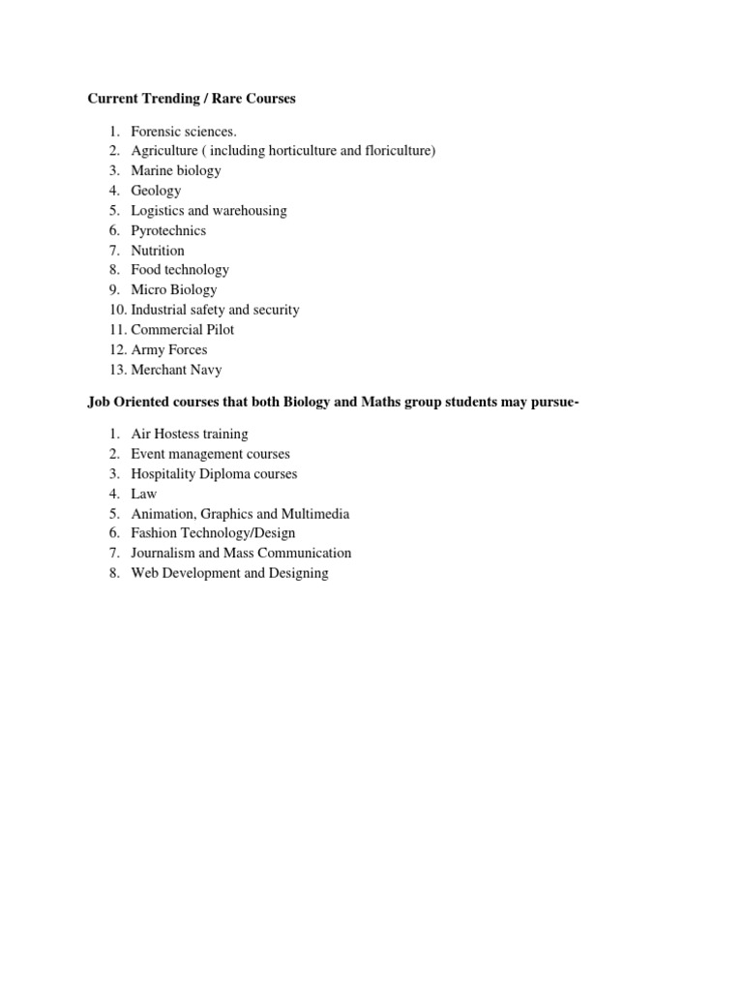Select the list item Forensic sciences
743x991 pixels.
[184, 131]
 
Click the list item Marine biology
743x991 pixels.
[176, 170]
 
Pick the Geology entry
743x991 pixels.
[156, 191]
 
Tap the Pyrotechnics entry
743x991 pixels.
[168, 230]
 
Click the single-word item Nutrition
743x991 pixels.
[158, 250]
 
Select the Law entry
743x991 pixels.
[144, 494]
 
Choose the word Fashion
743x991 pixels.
[155, 533]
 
